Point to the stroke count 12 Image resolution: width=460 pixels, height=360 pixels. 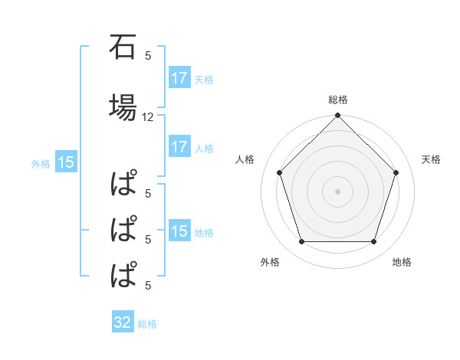click(x=148, y=117)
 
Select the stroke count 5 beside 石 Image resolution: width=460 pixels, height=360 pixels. click(x=148, y=55)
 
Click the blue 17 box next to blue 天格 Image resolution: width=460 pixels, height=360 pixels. click(x=179, y=78)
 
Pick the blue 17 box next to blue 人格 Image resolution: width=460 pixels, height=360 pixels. click(x=179, y=148)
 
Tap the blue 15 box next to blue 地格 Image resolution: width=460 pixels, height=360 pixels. click(x=179, y=231)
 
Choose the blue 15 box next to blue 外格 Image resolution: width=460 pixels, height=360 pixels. click(x=65, y=162)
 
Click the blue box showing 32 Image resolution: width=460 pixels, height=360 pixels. click(x=122, y=322)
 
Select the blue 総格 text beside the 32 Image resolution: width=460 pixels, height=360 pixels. click(x=147, y=324)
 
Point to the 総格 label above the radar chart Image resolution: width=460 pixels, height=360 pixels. click(x=337, y=100)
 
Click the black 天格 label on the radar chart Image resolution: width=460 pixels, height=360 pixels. click(x=431, y=159)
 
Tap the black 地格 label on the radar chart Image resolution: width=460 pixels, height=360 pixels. click(x=402, y=263)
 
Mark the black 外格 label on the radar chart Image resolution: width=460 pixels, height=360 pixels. click(x=270, y=263)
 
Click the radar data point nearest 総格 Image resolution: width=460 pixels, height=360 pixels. click(x=337, y=116)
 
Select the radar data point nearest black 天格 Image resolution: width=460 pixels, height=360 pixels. click(x=396, y=172)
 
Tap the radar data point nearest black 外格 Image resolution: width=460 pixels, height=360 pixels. click(x=301, y=242)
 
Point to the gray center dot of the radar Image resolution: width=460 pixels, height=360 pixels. click(x=337, y=191)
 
